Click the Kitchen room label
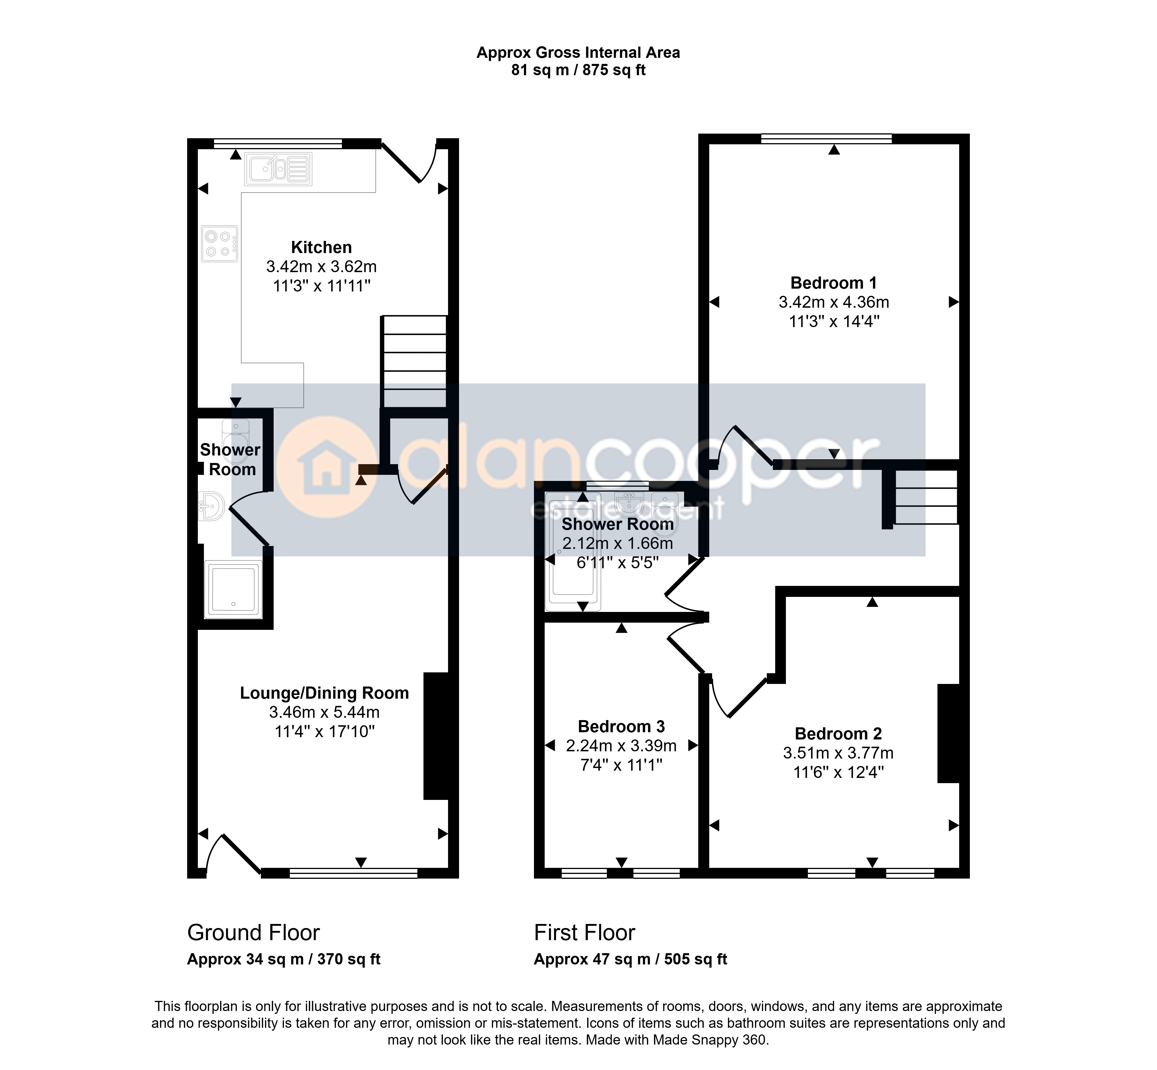click(x=321, y=247)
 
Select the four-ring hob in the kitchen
click(x=220, y=243)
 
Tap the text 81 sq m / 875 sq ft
click(x=578, y=70)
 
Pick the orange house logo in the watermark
click(x=326, y=467)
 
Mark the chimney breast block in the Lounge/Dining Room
click(x=436, y=736)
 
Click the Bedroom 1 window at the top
click(x=826, y=139)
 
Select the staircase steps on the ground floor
click(x=414, y=361)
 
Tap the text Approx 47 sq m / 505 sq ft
click(x=630, y=960)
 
